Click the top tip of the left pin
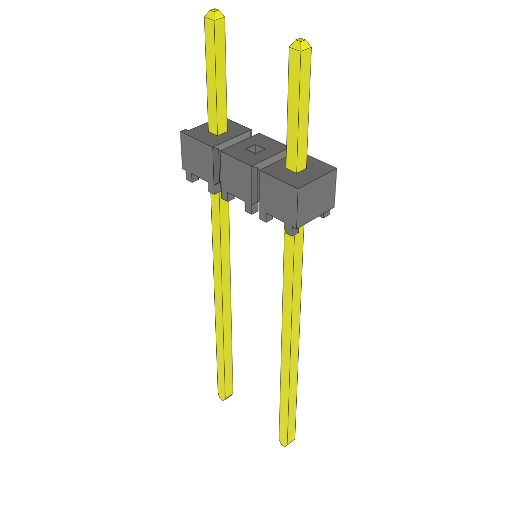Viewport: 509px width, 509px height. click(x=214, y=11)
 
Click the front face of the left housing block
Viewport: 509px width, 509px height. click(x=196, y=154)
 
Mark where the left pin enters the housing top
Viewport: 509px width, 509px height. click(x=218, y=132)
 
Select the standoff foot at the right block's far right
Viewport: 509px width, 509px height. click(x=326, y=214)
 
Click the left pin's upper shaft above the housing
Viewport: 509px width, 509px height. click(x=216, y=75)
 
